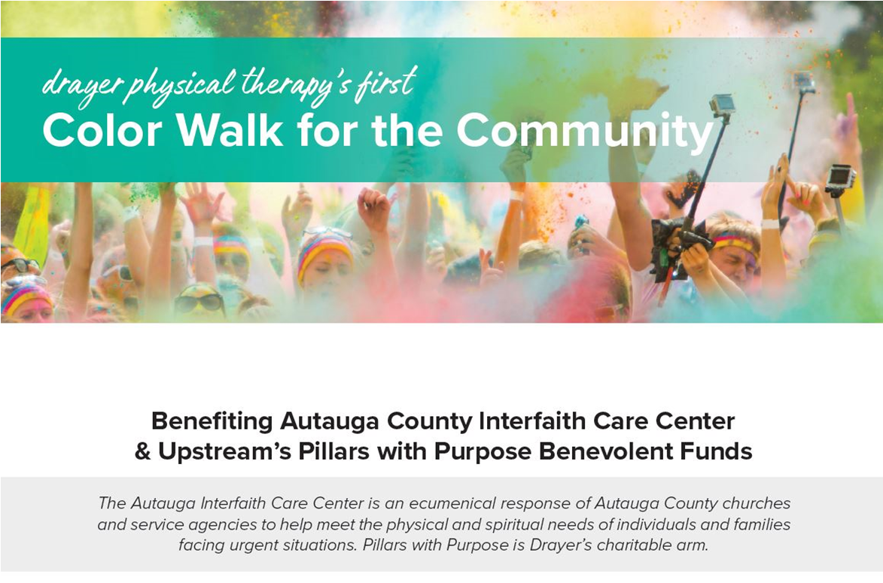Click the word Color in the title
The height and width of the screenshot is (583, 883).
click(102, 131)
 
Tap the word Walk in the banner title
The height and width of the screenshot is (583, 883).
click(230, 130)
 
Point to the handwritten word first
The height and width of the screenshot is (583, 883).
click(385, 83)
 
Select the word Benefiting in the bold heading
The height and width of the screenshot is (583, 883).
click(212, 421)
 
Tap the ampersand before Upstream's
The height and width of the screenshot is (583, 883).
click(142, 451)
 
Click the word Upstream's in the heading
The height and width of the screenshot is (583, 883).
click(224, 452)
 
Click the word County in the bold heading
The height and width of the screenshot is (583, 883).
click(431, 421)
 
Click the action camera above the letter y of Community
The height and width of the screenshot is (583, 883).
click(722, 105)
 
